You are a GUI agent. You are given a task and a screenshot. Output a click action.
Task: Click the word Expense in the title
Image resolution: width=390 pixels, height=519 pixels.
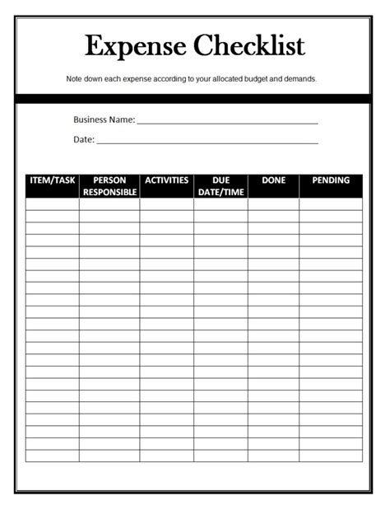pos(132,45)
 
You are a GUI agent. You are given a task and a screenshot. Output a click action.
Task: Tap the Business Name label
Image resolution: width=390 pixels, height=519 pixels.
pos(104,119)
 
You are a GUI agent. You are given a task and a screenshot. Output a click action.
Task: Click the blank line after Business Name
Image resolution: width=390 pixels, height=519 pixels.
pos(227,121)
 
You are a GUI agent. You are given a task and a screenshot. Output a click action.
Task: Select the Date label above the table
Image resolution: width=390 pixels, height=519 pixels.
pos(83,139)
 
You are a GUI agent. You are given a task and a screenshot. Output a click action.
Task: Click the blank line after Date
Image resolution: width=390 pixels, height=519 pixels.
pos(207,141)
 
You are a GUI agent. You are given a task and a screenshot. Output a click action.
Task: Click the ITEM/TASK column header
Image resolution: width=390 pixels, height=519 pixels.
pos(52,180)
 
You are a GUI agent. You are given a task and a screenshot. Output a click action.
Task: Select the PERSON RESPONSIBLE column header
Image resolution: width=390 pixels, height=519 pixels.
pos(109,186)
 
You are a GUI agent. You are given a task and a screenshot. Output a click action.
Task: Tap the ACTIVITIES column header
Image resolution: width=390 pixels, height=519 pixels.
pos(166,180)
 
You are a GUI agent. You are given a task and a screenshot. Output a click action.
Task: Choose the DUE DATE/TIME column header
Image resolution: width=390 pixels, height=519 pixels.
pos(221,186)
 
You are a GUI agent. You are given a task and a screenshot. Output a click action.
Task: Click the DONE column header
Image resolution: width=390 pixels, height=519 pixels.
pos(273,180)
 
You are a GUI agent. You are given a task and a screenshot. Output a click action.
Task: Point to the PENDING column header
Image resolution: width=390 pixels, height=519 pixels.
pos(331,180)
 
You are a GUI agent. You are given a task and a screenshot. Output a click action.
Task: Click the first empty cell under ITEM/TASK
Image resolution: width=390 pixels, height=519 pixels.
pos(52,204)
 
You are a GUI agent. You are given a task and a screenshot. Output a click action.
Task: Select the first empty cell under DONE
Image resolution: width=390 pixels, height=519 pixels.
pos(273,204)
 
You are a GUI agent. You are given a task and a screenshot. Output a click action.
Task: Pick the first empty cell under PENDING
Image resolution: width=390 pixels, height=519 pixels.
pos(331,204)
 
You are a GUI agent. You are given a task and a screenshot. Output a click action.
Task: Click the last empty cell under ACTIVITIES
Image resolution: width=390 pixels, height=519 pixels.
pos(166,456)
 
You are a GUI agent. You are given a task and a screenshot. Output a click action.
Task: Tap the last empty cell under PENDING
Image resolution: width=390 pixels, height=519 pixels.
pos(331,456)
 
